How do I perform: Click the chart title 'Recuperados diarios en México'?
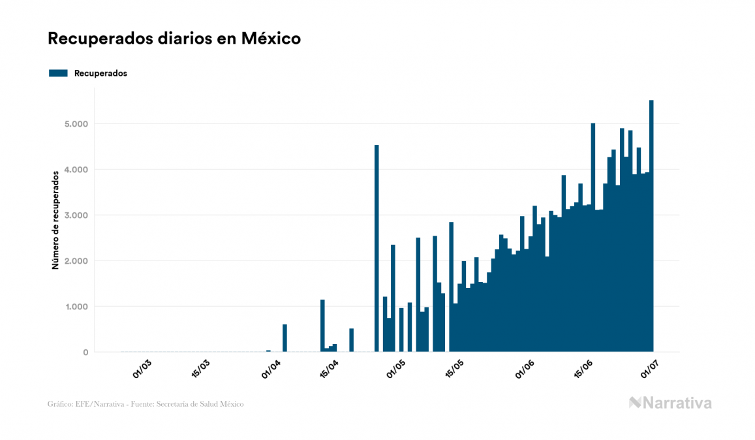174,39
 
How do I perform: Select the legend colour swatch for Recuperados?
58,73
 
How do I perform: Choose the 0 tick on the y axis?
85,353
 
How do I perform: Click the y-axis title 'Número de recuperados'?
56,219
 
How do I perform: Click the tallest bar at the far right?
651,228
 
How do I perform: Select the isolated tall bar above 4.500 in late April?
377,248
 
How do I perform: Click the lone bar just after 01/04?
285,338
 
